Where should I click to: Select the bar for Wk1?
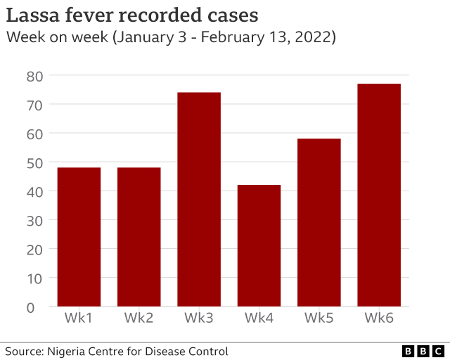(x=79, y=237)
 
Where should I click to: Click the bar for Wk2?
(x=139, y=237)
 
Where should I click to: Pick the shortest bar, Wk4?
(x=259, y=245)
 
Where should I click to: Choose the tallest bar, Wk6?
(x=379, y=195)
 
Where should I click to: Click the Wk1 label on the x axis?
(x=79, y=318)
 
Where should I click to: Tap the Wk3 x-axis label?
(x=199, y=318)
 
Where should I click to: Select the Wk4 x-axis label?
(x=259, y=318)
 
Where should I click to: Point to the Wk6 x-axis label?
(x=379, y=318)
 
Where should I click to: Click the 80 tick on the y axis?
(x=34, y=75)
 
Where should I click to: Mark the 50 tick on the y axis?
(x=34, y=162)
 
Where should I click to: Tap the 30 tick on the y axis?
(x=34, y=220)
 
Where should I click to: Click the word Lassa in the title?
(x=32, y=15)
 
